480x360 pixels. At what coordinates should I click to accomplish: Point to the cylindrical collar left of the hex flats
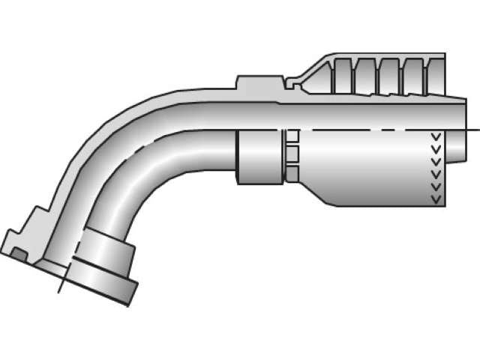tap(259, 156)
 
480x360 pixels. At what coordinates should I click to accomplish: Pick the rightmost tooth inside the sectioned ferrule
tap(413, 76)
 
